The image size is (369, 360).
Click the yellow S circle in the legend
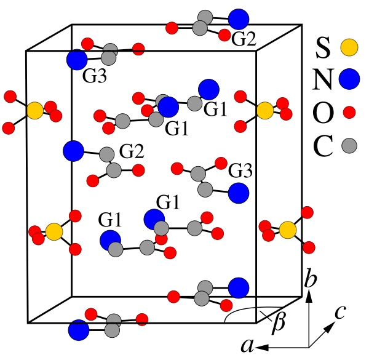click(349, 47)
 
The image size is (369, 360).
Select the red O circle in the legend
click(349, 113)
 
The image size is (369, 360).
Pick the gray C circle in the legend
click(349, 145)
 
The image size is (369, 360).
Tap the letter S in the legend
click(323, 47)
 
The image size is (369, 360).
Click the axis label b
click(311, 280)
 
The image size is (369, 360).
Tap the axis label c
click(339, 313)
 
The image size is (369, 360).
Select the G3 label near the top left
click(95, 78)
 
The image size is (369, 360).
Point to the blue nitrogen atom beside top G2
click(239, 18)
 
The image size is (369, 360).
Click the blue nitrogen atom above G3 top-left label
click(77, 60)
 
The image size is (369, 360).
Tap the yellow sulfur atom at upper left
click(35, 111)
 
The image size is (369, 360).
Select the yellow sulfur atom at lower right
click(287, 230)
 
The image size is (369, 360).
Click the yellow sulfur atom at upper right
click(264, 110)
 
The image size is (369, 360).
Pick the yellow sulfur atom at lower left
click(54, 231)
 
